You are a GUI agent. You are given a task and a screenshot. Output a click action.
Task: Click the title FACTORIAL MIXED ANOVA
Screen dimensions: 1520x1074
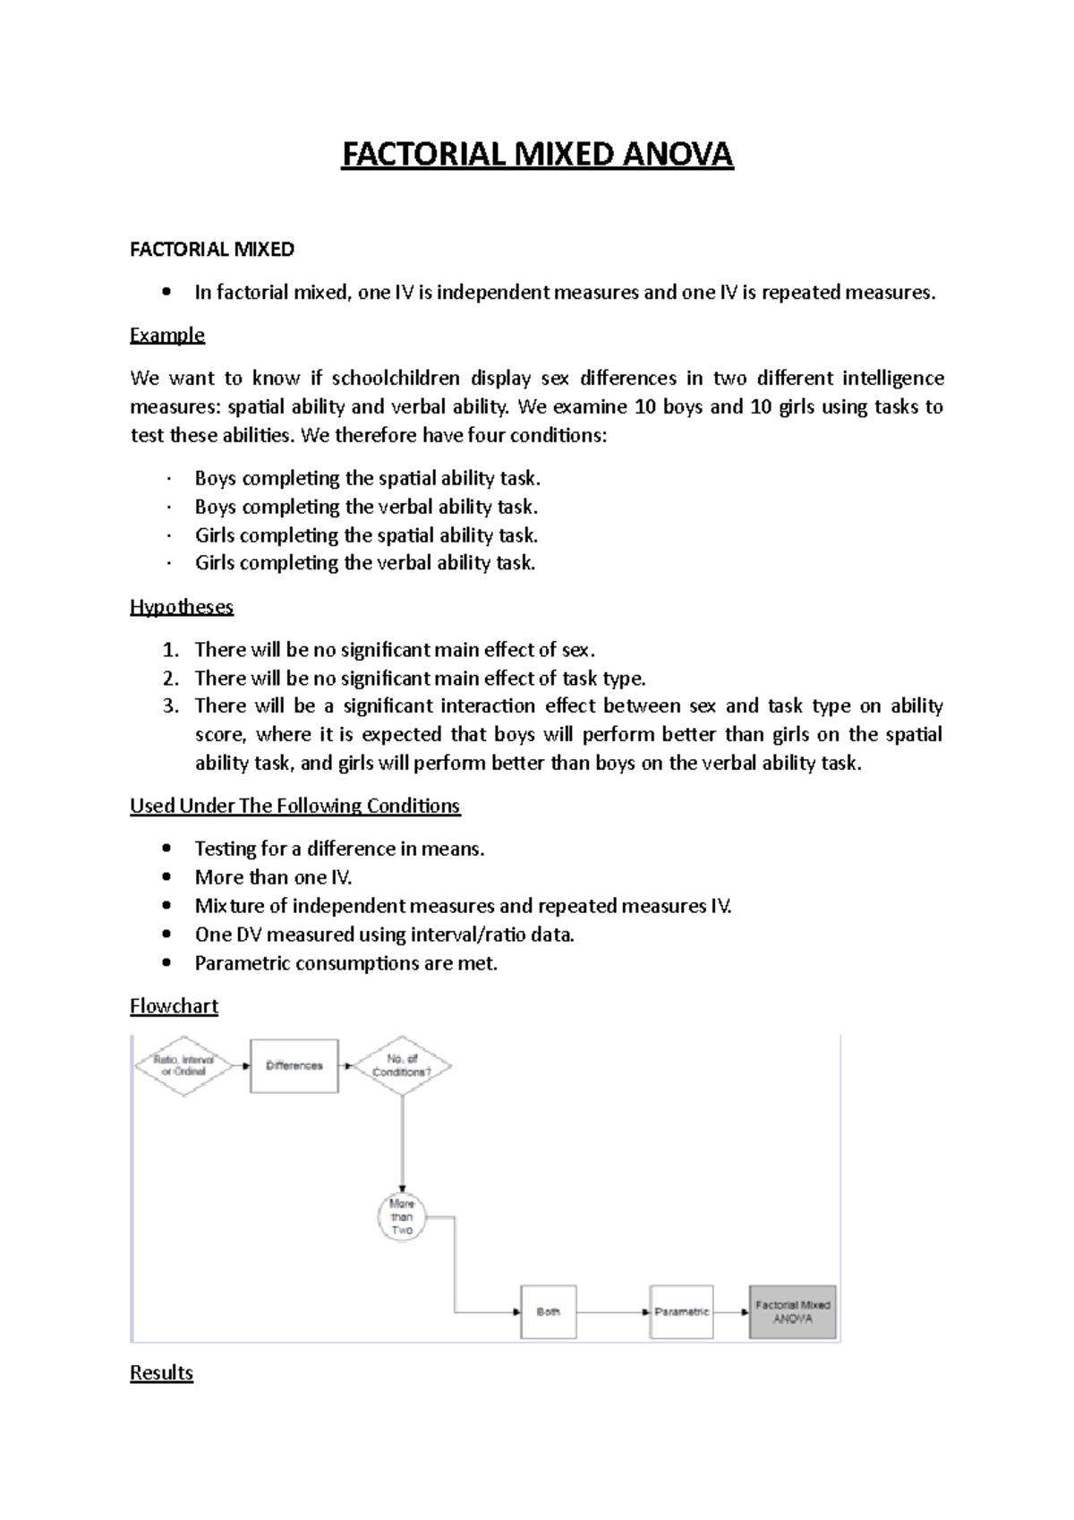537,154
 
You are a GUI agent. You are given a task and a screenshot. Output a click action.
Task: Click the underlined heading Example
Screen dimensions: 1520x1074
167,335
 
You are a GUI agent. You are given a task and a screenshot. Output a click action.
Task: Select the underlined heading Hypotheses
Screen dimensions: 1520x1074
182,607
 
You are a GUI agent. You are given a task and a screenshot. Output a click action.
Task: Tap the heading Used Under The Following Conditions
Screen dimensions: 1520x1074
294,806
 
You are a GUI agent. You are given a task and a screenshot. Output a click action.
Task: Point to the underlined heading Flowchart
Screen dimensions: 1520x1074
174,1006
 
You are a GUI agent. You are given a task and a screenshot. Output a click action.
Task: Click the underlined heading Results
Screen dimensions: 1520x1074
161,1373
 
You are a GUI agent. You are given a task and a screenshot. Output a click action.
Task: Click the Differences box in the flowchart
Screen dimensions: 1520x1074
294,1065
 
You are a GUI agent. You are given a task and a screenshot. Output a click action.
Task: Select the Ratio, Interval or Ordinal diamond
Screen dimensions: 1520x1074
183,1065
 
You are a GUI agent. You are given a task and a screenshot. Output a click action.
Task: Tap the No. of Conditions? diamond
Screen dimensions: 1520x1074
402,1065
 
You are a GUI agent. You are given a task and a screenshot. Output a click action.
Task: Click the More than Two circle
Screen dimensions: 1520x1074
402,1217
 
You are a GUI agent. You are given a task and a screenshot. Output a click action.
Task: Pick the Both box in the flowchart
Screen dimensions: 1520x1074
548,1311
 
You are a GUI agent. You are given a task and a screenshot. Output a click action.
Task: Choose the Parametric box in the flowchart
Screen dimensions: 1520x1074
681,1311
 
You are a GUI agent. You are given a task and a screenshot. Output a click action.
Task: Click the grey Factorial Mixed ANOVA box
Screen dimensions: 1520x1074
792,1311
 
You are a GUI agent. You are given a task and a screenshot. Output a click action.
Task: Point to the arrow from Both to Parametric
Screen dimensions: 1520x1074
613,1312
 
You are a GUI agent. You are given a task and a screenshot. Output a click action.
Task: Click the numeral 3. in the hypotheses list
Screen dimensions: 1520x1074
171,705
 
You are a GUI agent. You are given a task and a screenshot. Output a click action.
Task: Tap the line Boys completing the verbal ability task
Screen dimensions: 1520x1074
366,507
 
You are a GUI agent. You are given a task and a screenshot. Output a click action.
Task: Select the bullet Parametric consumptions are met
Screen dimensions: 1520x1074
345,963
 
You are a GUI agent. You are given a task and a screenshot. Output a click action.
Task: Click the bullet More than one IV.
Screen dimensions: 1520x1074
273,877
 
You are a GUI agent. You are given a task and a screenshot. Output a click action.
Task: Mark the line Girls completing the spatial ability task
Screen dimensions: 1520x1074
366,535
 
